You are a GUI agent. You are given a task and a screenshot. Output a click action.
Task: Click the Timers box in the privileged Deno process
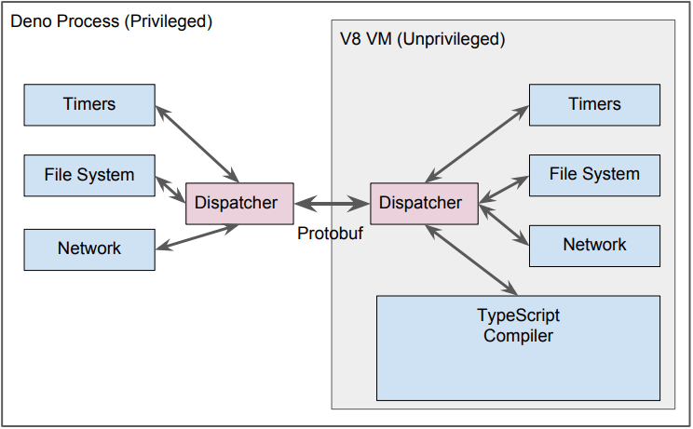tap(89, 104)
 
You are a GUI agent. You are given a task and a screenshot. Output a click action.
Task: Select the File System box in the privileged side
tap(89, 175)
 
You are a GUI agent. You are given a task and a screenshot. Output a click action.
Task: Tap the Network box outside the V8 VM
tap(89, 248)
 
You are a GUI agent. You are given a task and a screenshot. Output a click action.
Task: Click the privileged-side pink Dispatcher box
tap(237, 202)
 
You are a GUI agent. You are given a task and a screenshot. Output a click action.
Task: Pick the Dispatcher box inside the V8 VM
tap(420, 202)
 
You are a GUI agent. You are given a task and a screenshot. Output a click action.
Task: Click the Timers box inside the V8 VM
tap(594, 104)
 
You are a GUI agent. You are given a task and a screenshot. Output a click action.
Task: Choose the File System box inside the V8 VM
tap(594, 174)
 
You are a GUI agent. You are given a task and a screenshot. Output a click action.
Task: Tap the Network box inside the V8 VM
tap(594, 245)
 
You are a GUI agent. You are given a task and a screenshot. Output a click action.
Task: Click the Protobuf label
tap(330, 234)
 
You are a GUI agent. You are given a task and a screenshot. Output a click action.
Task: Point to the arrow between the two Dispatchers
tap(332, 202)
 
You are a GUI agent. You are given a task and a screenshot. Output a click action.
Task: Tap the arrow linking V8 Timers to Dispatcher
tap(475, 143)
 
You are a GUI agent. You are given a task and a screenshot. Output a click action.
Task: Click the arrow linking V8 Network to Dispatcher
tap(503, 224)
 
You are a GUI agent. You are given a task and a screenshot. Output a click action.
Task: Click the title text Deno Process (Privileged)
tap(111, 20)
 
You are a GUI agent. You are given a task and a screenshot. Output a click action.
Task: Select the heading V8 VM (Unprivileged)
tap(422, 40)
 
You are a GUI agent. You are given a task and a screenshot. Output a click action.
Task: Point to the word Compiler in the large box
tap(518, 336)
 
